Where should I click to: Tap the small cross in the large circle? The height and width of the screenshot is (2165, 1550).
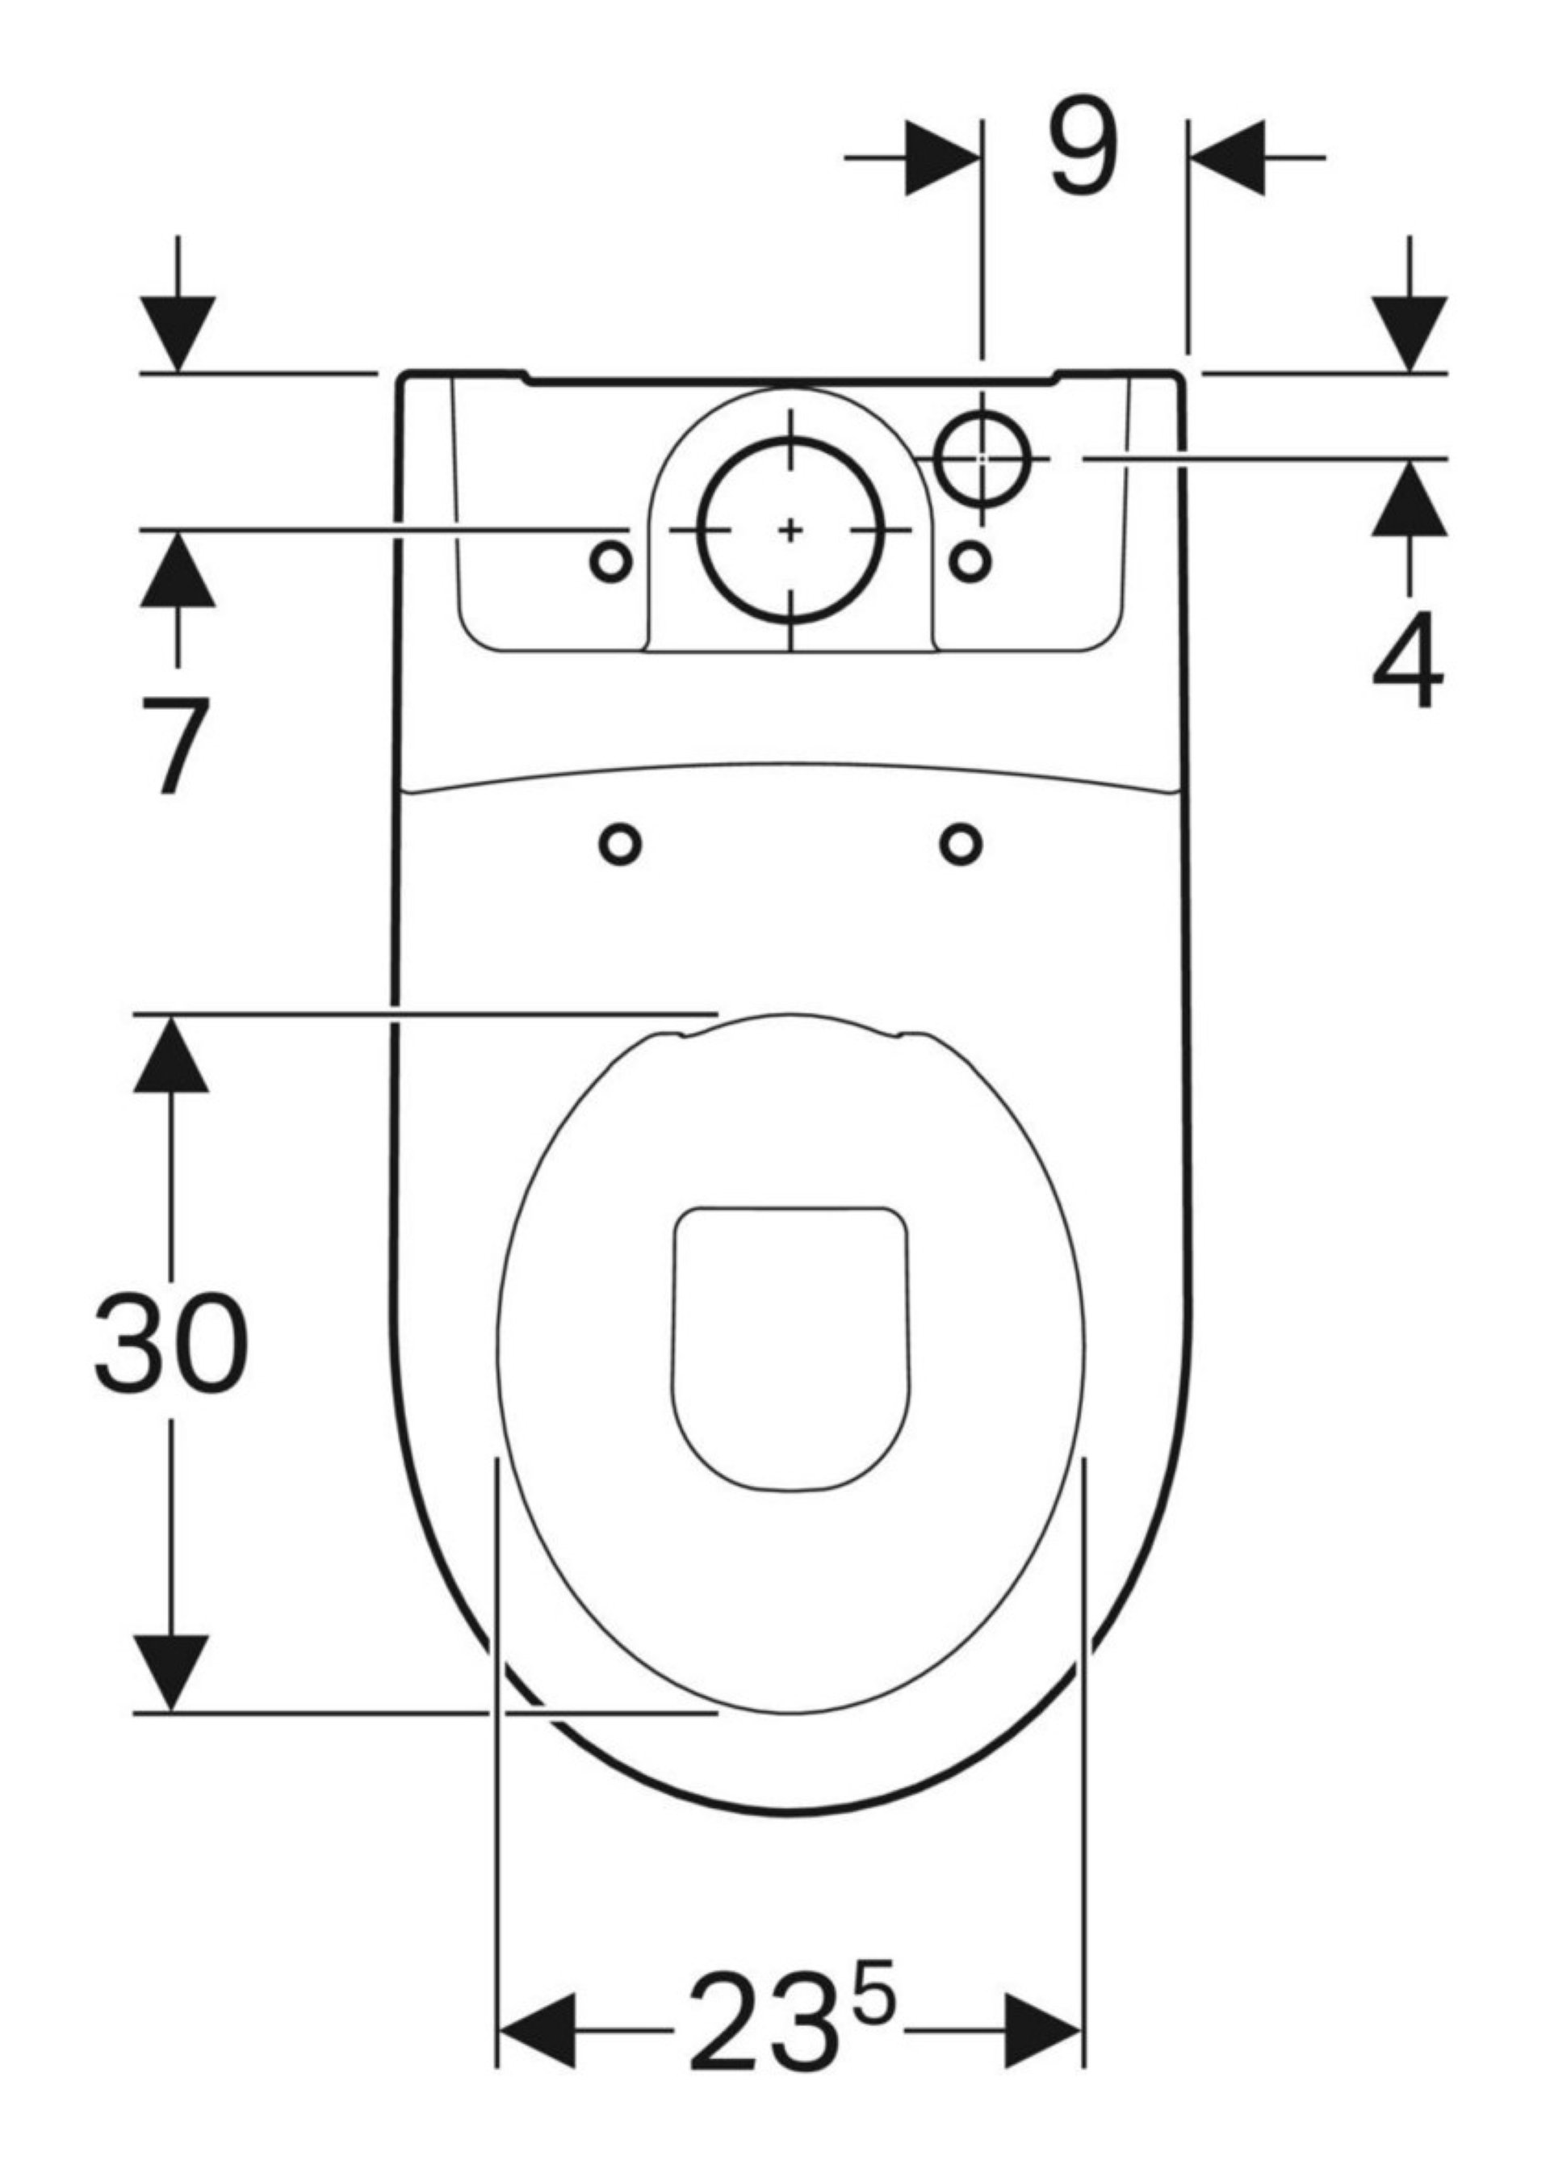pos(790,530)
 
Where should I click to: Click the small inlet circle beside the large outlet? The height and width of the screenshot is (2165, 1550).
pos(984,458)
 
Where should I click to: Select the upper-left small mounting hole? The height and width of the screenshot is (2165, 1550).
pos(611,563)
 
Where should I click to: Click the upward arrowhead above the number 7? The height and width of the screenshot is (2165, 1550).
pos(177,570)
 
